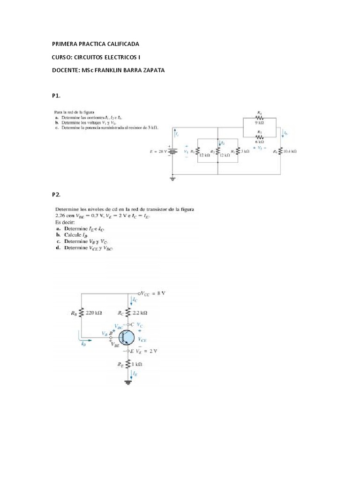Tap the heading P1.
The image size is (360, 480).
point(56,96)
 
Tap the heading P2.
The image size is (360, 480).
point(56,194)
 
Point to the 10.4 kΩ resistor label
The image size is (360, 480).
point(292,151)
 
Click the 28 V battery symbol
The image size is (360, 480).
point(173,151)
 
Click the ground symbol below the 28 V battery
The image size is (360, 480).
point(173,179)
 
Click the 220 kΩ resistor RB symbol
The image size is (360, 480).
point(82,312)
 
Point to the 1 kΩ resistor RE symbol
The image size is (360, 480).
point(128,363)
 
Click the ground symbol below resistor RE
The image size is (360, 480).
point(128,382)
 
